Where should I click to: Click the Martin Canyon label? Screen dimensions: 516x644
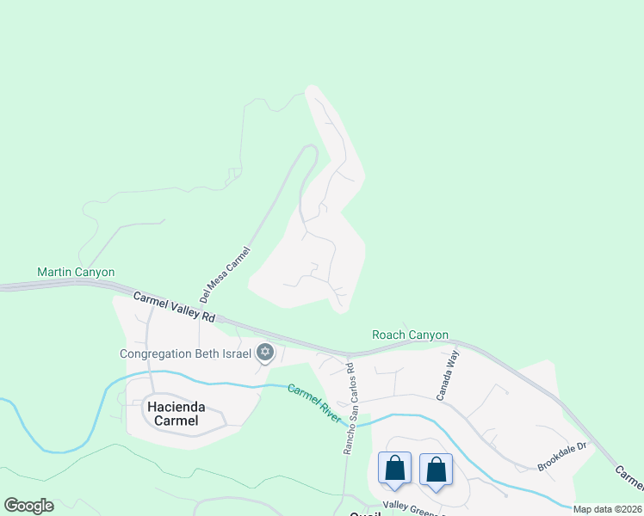[76, 272]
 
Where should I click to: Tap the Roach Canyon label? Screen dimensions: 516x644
[410, 335]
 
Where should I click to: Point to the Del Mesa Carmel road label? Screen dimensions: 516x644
[224, 274]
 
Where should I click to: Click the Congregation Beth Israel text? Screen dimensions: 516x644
[185, 353]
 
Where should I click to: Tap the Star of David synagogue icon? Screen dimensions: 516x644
[265, 352]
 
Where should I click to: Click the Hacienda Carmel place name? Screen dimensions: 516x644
[172, 414]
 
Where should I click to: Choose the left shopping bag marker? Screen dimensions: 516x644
[394, 470]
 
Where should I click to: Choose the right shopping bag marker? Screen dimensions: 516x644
[436, 470]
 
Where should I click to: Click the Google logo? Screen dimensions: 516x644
[28, 506]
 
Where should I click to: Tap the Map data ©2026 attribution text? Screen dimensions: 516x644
[608, 509]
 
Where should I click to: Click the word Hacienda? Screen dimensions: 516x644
[172, 407]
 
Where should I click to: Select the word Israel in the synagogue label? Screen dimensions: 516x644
[236, 353]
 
